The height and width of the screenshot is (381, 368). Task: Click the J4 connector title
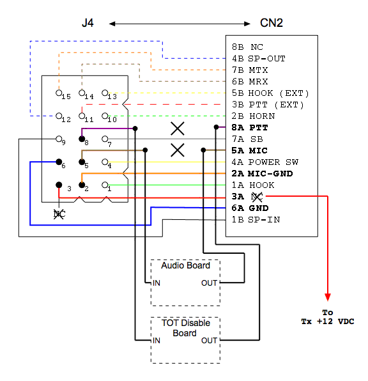click(88, 23)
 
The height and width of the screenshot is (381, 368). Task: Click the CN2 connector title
click(272, 23)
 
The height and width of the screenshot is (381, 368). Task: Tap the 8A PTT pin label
click(250, 128)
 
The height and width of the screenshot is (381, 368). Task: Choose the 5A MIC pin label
click(249, 151)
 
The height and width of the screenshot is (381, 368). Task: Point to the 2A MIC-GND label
click(262, 173)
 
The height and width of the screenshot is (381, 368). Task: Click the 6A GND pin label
click(250, 208)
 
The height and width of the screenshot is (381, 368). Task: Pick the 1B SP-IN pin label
click(256, 220)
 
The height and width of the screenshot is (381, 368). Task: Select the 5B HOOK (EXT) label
click(270, 93)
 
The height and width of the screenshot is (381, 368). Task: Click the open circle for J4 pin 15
click(59, 93)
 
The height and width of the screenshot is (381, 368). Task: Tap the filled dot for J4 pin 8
click(82, 139)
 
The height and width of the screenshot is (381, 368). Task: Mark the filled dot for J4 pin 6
click(59, 162)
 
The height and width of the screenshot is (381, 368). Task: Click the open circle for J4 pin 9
click(59, 139)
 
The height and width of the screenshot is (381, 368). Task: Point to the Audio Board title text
click(185, 265)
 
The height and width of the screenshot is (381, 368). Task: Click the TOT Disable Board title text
click(185, 328)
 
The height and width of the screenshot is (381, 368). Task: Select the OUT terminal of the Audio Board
click(209, 283)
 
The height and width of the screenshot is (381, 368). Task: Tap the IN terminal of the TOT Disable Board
click(157, 341)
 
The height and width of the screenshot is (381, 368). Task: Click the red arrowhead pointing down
click(328, 297)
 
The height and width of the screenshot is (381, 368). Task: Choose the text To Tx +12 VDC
click(328, 317)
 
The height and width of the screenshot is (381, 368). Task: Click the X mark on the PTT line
click(178, 128)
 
